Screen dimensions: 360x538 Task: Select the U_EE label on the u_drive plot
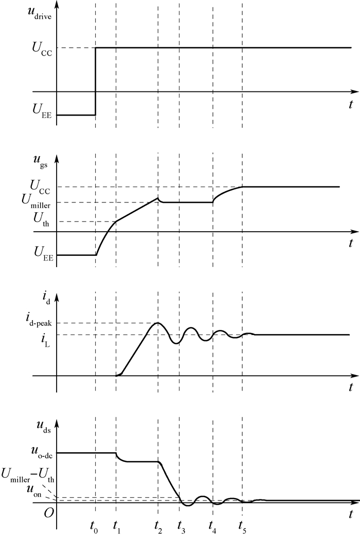click(42, 110)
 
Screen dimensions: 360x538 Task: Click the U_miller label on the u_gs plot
click(36, 200)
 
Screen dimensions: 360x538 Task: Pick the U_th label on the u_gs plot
click(41, 219)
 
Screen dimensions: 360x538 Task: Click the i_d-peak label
click(38, 320)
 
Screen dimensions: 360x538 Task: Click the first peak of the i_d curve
click(158, 323)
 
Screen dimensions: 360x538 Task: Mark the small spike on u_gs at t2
click(158, 198)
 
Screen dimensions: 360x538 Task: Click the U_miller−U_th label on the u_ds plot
click(28, 474)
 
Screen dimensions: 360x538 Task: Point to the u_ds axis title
click(44, 426)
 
